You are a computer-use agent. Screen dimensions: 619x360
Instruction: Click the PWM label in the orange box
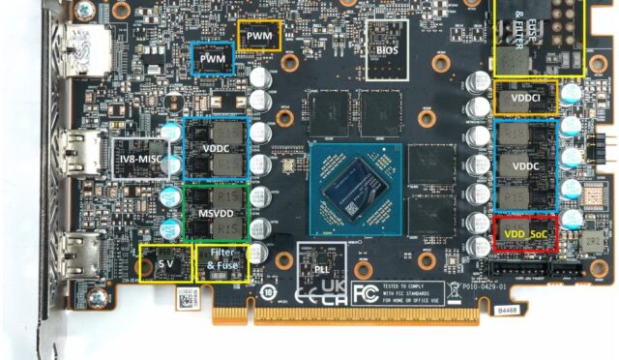pos(259,36)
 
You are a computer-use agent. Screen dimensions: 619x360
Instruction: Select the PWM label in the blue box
pos(212,60)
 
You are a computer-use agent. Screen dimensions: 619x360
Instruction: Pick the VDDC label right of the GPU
pos(525,165)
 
